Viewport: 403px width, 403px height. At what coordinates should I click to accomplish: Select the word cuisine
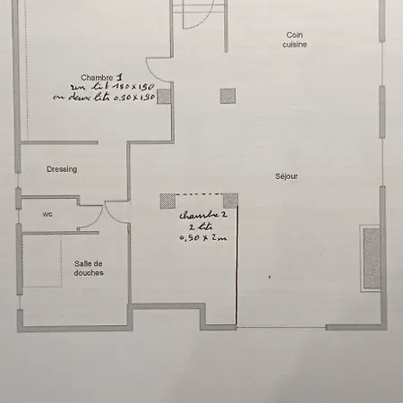pyautogui.click(x=296, y=44)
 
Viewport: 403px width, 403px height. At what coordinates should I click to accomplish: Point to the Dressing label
pyautogui.click(x=62, y=168)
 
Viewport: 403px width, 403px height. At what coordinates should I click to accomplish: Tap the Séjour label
pyautogui.click(x=287, y=176)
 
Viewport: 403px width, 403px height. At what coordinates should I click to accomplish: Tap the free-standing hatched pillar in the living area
pyautogui.click(x=227, y=95)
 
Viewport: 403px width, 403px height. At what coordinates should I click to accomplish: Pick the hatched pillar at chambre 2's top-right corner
pyautogui.click(x=230, y=200)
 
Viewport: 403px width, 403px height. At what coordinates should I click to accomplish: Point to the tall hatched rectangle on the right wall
pyautogui.click(x=371, y=258)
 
